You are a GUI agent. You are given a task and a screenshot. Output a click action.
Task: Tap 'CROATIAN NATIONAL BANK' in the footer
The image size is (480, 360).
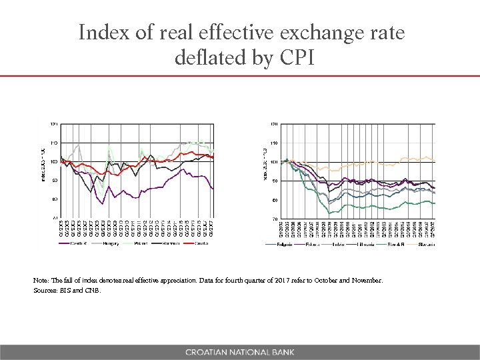[240, 352]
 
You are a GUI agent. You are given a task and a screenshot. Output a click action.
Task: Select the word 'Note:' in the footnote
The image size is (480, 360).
[41, 281]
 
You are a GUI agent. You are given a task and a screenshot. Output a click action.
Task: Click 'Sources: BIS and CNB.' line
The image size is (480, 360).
[67, 290]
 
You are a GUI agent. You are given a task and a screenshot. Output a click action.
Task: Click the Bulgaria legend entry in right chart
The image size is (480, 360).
[280, 244]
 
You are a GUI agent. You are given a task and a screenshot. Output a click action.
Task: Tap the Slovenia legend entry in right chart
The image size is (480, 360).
[427, 244]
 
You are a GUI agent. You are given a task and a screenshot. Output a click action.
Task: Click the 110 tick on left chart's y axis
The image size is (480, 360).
[53, 143]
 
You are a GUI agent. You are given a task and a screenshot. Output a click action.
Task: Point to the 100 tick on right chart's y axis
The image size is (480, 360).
[273, 162]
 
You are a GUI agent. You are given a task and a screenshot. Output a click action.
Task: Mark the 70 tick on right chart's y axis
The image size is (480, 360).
[274, 218]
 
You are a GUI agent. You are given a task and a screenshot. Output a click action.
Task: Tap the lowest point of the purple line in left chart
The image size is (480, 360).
[103, 204]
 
